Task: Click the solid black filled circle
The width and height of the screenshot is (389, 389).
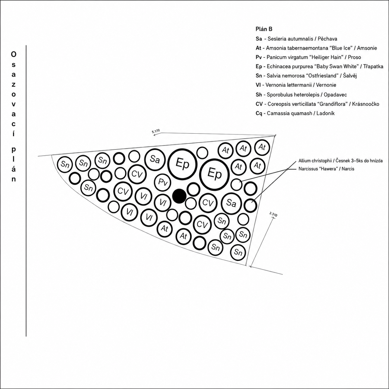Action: [x=179, y=196]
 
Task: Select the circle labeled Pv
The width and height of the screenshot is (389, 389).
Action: [x=163, y=182]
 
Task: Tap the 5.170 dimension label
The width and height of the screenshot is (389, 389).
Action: [x=156, y=131]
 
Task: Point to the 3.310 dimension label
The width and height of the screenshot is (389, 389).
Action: [x=273, y=214]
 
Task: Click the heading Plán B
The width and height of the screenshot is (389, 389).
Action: [x=264, y=29]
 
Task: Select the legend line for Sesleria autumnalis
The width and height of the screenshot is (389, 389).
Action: [x=296, y=39]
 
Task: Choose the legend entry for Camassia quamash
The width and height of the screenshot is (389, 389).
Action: [x=295, y=113]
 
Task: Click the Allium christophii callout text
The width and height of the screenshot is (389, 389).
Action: [x=340, y=161]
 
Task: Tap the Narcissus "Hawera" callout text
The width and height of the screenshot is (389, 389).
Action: [x=326, y=169]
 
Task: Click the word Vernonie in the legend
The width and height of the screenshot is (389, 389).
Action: [x=326, y=85]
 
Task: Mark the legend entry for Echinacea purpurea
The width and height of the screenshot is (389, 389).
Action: [x=319, y=66]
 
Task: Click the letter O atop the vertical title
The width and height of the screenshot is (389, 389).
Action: [x=14, y=54]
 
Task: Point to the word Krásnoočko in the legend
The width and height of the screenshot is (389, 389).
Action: [x=366, y=104]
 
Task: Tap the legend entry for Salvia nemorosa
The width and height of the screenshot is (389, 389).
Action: [x=306, y=76]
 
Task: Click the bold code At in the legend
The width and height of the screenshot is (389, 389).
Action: [x=258, y=48]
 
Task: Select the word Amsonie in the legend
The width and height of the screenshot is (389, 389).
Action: [x=367, y=48]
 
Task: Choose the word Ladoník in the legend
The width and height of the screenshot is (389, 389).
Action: [x=325, y=113]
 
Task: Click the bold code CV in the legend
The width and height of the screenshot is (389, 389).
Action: [x=259, y=104]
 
